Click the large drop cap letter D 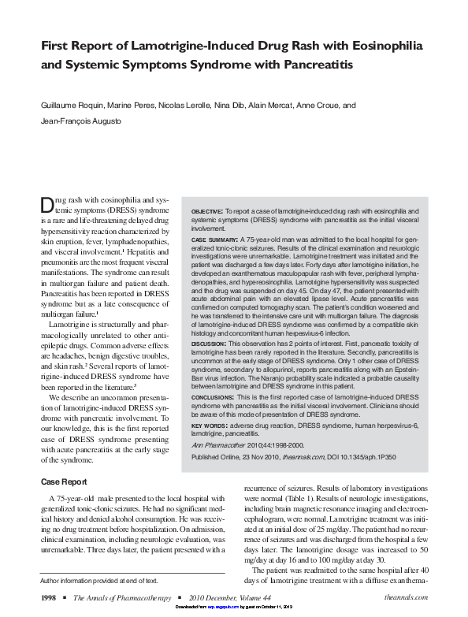click(46, 206)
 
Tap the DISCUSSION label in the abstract click(209, 343)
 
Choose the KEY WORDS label click(210, 426)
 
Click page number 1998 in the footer click(49, 599)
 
